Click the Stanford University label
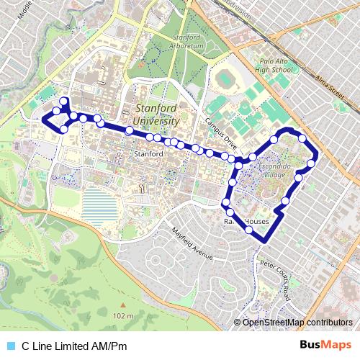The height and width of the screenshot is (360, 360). (157, 115)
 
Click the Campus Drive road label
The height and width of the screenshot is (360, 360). (220, 127)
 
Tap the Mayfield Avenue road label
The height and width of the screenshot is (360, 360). (193, 244)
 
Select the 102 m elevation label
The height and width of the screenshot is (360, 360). (123, 316)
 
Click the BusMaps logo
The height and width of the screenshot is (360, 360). (325, 346)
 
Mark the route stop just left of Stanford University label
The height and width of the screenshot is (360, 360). (129, 130)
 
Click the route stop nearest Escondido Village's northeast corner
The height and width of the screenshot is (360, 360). (302, 138)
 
